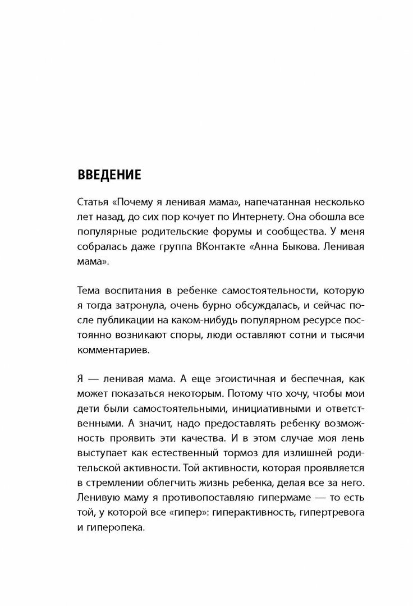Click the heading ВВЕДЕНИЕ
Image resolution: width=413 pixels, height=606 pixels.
tap(109, 173)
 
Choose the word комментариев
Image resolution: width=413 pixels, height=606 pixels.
tap(111, 348)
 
